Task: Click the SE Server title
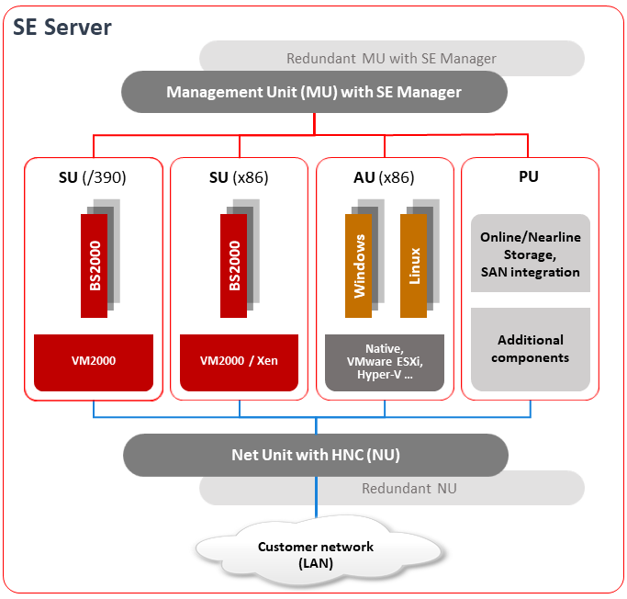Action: click(62, 28)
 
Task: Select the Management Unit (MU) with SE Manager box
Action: click(314, 92)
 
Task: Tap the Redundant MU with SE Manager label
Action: click(391, 59)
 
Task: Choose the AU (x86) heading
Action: click(384, 177)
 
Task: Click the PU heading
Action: click(529, 177)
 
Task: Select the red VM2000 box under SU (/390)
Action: click(93, 361)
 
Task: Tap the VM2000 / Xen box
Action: click(239, 361)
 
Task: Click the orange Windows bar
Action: click(359, 266)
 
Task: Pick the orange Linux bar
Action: click(414, 266)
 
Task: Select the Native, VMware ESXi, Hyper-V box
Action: click(385, 362)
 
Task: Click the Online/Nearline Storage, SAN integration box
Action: click(530, 254)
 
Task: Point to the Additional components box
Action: click(530, 349)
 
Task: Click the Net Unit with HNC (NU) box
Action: click(315, 455)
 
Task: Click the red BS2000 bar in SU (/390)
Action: click(95, 266)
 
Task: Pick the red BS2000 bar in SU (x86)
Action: click(234, 266)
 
